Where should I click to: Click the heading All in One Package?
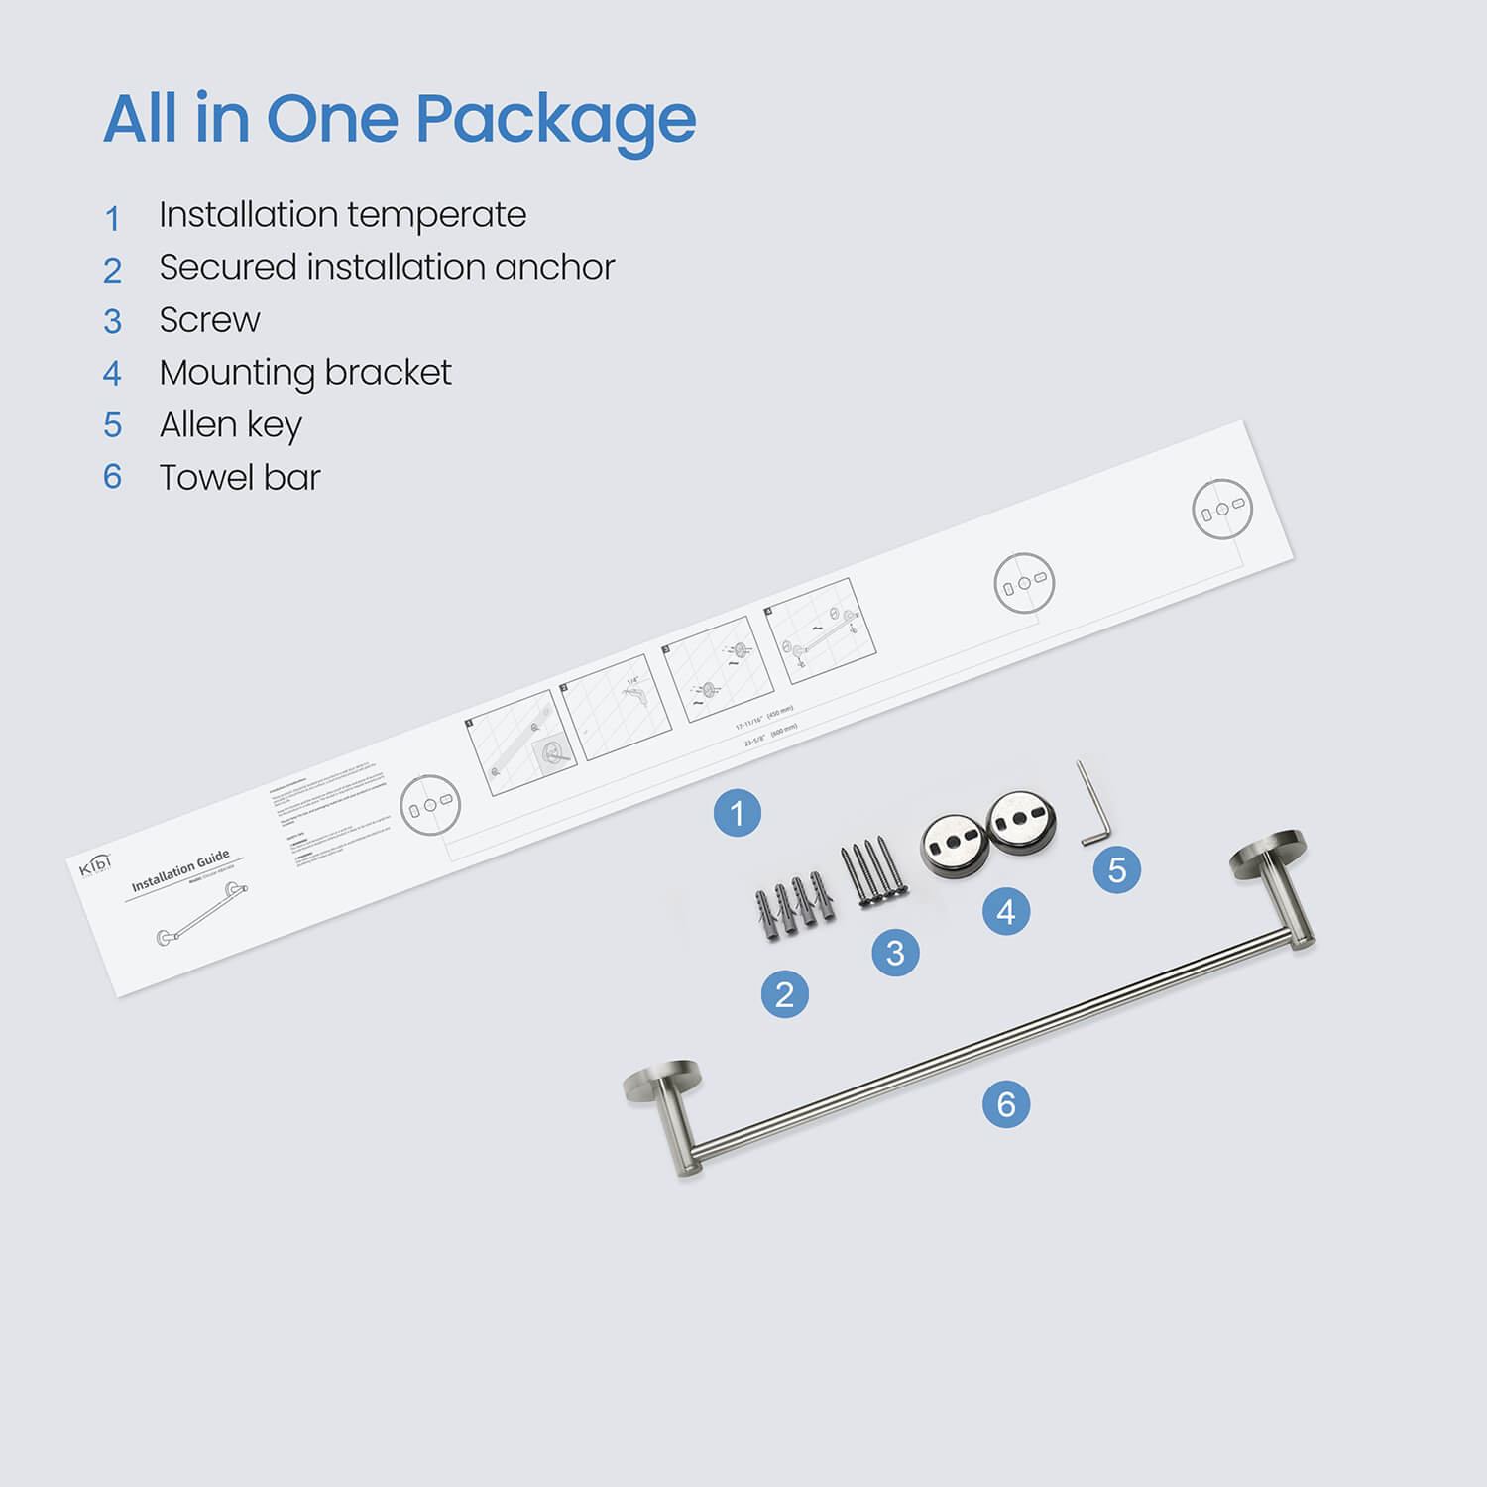coord(400,120)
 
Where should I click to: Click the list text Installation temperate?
coord(342,215)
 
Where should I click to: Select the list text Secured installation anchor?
coord(387,268)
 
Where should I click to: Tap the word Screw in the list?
coord(209,320)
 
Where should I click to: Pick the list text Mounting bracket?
coord(305,373)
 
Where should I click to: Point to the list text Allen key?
coord(230,425)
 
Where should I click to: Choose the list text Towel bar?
coord(240,478)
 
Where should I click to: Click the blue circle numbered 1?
coord(738,813)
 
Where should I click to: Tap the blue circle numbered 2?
coord(785,993)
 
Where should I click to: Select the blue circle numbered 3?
coord(895,953)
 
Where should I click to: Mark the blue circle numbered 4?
coord(1006,911)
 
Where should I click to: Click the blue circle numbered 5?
coord(1117,869)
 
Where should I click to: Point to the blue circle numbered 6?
coord(1006,1104)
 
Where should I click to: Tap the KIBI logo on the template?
coord(95,864)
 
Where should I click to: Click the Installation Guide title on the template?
coord(180,869)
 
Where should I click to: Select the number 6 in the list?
coord(113,477)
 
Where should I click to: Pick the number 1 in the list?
coord(113,218)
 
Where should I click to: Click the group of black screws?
coord(873,872)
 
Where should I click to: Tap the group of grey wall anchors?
coord(794,904)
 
